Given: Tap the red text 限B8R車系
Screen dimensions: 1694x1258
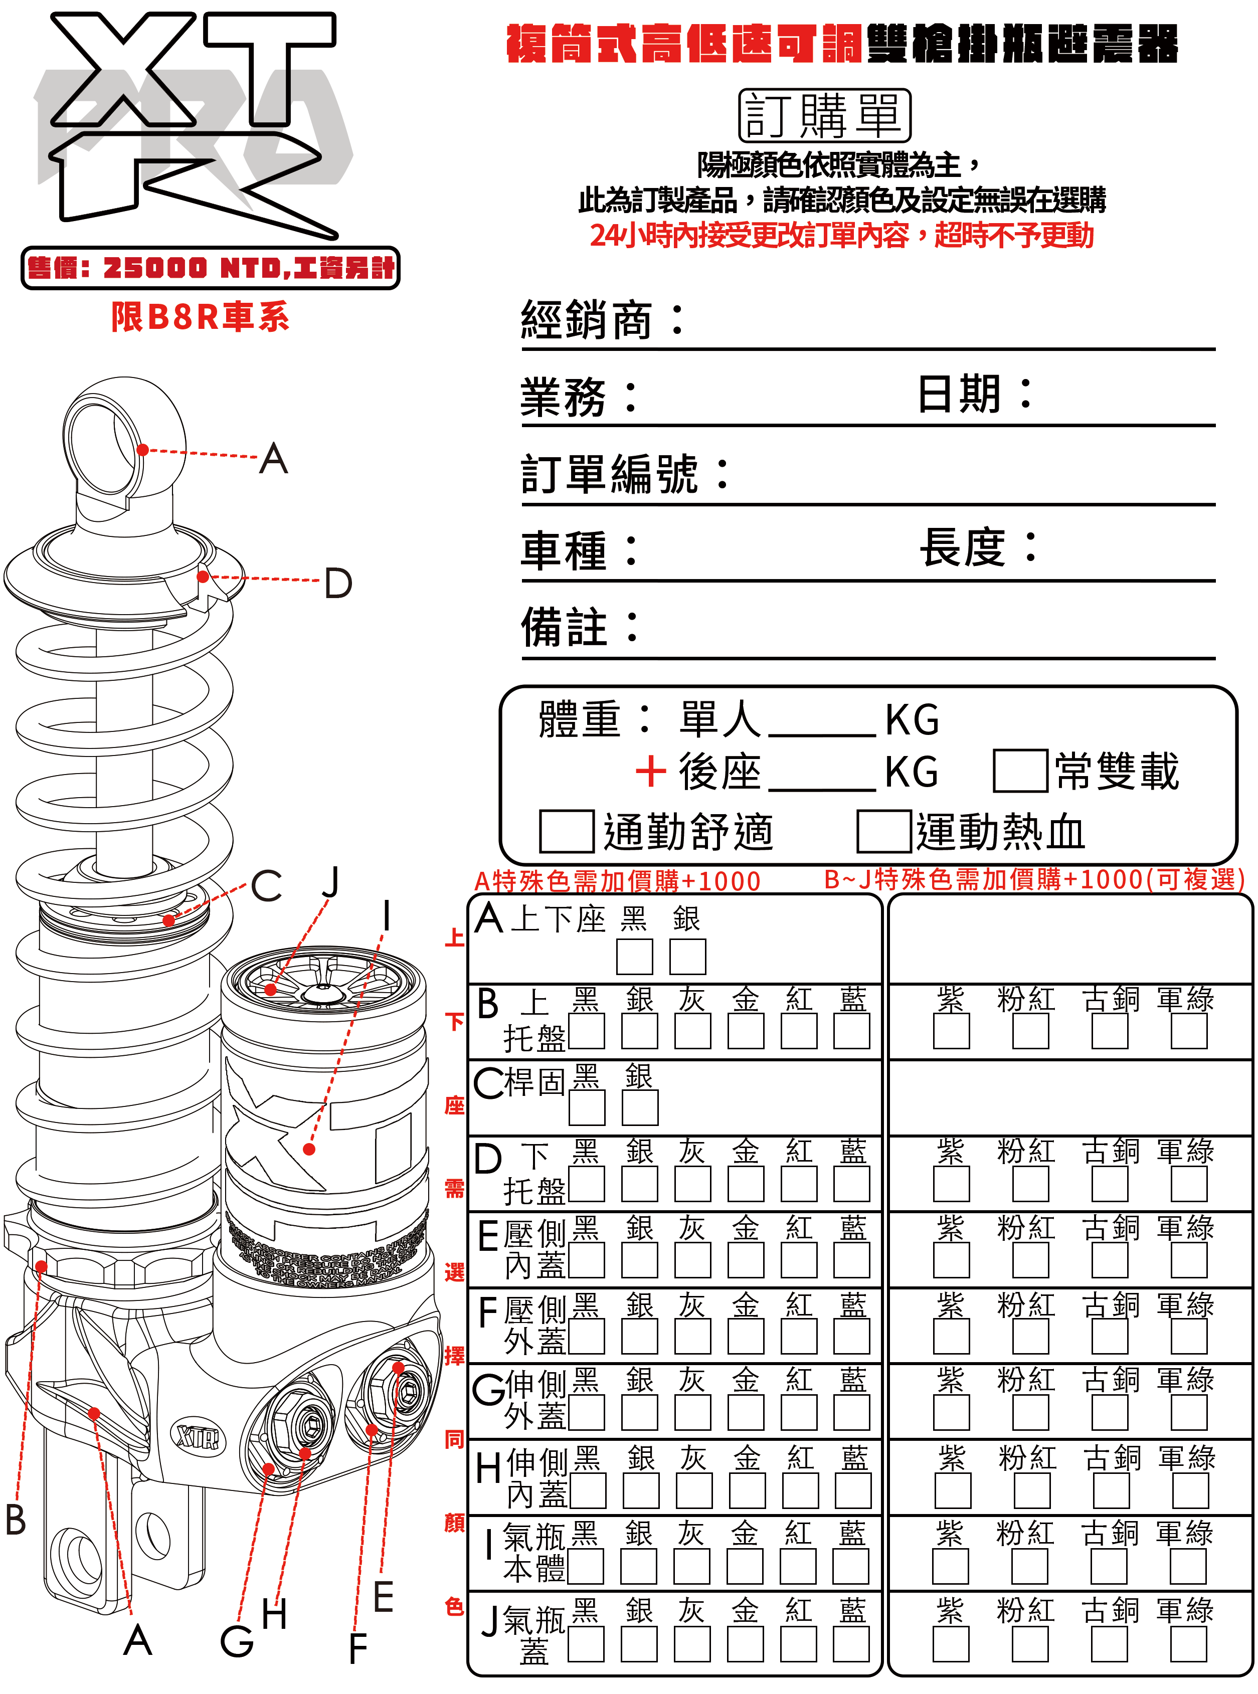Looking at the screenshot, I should click(x=200, y=317).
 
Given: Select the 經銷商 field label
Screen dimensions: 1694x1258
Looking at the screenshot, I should click(x=586, y=320).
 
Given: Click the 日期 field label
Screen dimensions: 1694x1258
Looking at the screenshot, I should click(x=960, y=395).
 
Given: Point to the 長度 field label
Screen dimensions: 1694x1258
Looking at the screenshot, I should click(x=963, y=547).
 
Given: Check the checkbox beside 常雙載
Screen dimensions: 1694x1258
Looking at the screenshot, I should click(x=1020, y=771).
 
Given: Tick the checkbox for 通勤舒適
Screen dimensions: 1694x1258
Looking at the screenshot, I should click(x=567, y=831).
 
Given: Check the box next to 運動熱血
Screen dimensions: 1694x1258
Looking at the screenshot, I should click(x=883, y=831).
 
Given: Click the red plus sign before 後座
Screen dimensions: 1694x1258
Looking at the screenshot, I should click(x=651, y=771).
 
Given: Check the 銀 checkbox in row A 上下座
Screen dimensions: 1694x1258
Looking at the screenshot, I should click(x=687, y=956).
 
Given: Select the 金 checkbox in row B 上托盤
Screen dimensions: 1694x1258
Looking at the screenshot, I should click(x=746, y=1032).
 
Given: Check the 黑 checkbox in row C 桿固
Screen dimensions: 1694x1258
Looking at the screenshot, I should click(x=586, y=1108).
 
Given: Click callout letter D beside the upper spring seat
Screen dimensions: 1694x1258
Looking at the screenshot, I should click(x=338, y=583).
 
